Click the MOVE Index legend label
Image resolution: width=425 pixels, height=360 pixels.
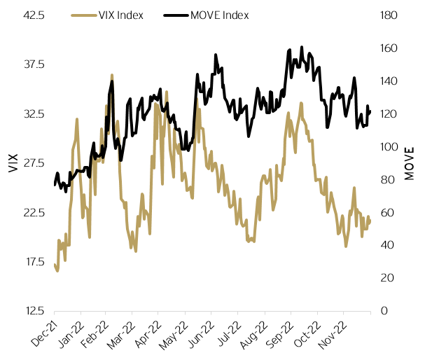point(219,15)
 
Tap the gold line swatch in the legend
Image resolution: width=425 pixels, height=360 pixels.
point(83,15)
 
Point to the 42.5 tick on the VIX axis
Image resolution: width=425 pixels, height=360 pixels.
point(34,15)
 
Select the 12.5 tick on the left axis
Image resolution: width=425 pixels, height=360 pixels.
point(34,311)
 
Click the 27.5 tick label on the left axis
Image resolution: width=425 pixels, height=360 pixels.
point(34,163)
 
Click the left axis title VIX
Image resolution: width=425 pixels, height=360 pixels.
point(13,162)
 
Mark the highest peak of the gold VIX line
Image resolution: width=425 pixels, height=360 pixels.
point(111,74)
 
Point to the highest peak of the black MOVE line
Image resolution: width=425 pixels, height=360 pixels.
point(302,47)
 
